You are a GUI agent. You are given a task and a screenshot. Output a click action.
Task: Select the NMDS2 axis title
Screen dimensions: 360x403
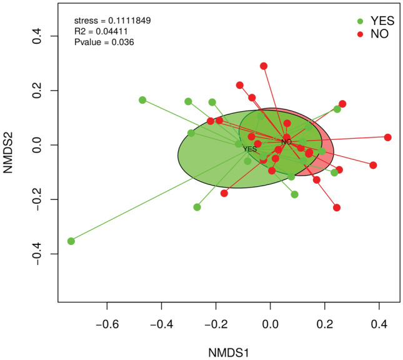tap(11, 145)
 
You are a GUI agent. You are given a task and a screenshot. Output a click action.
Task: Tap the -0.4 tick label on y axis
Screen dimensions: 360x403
tap(37, 254)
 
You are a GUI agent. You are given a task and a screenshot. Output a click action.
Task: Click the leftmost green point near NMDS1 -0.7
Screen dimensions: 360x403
tap(71, 241)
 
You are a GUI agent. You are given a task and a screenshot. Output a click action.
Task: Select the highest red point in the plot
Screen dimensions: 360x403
tap(264, 66)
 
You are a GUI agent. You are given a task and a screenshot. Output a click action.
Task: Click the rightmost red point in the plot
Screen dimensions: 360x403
tap(388, 137)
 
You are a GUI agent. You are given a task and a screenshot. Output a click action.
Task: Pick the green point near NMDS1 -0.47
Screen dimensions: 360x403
tap(142, 100)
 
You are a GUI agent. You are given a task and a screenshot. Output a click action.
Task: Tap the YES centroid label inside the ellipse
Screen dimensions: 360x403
tap(250, 149)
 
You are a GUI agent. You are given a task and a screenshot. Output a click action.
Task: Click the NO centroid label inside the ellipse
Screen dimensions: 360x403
tap(286, 142)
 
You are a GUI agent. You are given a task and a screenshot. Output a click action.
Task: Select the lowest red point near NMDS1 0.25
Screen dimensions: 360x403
tap(337, 207)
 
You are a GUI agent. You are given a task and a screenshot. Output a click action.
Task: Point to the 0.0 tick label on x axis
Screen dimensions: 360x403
tap(271, 325)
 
